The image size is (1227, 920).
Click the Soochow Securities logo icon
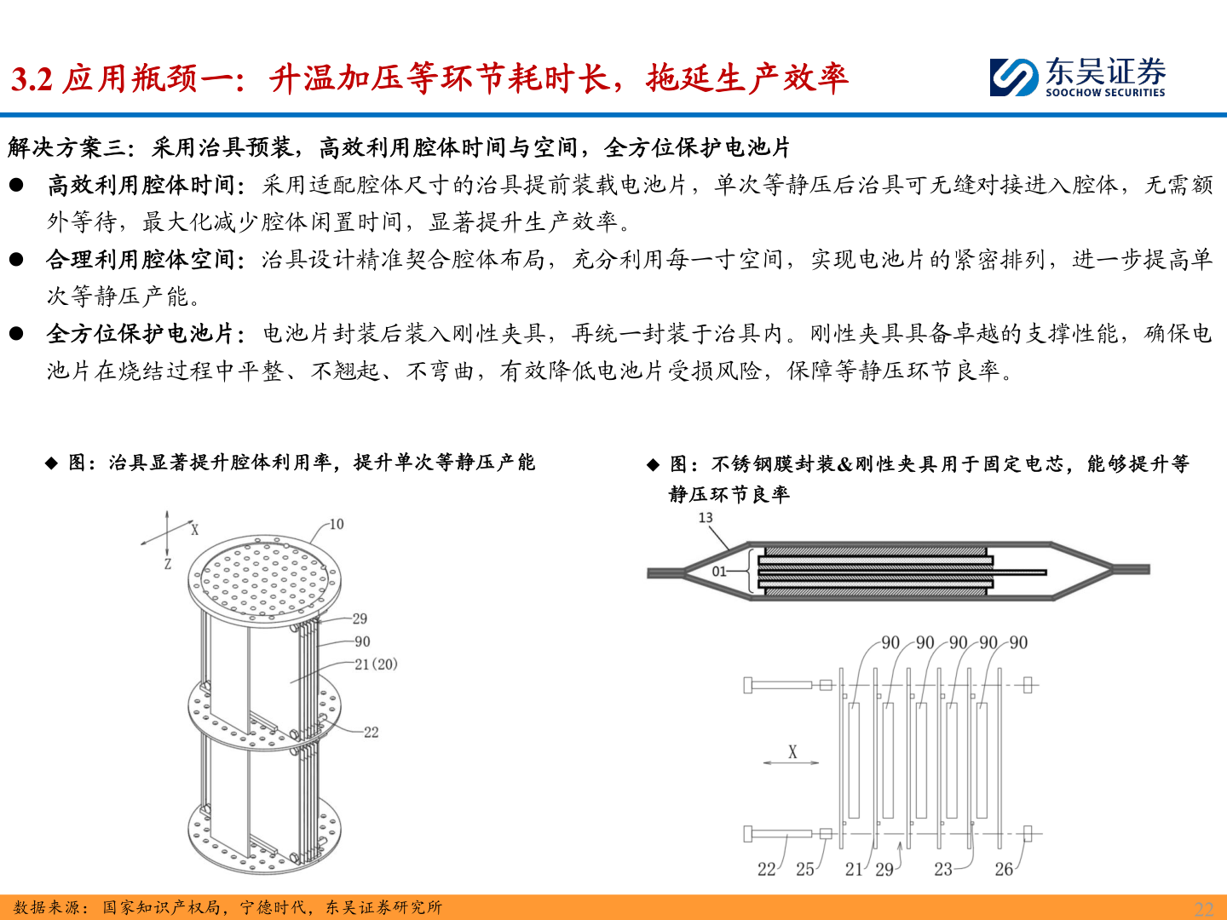click(1014, 77)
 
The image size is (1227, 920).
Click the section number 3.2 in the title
click(32, 79)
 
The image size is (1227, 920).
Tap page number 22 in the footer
click(1204, 908)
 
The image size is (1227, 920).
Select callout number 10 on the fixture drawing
click(337, 524)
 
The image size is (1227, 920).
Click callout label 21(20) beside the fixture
click(376, 664)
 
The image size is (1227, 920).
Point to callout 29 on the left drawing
click(360, 618)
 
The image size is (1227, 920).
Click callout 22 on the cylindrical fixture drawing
click(371, 732)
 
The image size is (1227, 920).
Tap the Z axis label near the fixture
click(168, 564)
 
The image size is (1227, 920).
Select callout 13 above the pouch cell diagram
click(706, 517)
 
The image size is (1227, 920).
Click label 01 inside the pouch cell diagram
click(719, 572)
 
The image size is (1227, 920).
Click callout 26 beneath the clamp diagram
click(1004, 869)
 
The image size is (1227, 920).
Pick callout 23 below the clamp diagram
click(942, 869)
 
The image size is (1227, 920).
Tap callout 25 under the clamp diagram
click(805, 869)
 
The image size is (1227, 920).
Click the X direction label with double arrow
click(792, 752)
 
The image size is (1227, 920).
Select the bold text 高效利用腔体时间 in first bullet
click(141, 185)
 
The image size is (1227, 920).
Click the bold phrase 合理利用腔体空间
click(141, 259)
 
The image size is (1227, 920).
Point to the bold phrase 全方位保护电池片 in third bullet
click(141, 333)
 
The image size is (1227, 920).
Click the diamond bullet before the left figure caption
click(52, 463)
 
